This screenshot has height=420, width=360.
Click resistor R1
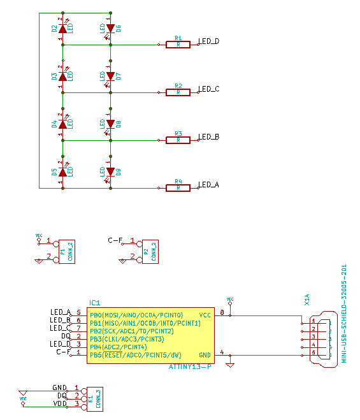click(178, 45)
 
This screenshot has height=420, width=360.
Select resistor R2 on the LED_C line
click(178, 92)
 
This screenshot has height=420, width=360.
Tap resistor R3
click(178, 140)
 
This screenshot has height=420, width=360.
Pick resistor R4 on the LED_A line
click(178, 188)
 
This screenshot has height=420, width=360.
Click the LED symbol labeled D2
click(62, 29)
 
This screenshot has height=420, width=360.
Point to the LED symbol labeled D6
click(110, 29)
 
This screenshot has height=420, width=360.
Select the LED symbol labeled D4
click(62, 124)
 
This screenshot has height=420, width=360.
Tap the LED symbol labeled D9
click(110, 172)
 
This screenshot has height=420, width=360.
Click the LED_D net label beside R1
click(208, 41)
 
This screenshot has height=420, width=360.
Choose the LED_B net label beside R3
click(208, 137)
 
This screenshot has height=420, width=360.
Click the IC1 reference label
click(95, 303)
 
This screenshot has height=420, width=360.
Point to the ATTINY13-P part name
click(190, 366)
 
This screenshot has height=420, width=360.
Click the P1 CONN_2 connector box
click(66, 250)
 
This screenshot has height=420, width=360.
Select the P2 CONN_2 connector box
click(150, 250)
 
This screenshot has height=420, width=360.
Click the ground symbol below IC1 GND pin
click(230, 365)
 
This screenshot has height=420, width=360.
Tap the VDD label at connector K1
click(60, 404)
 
